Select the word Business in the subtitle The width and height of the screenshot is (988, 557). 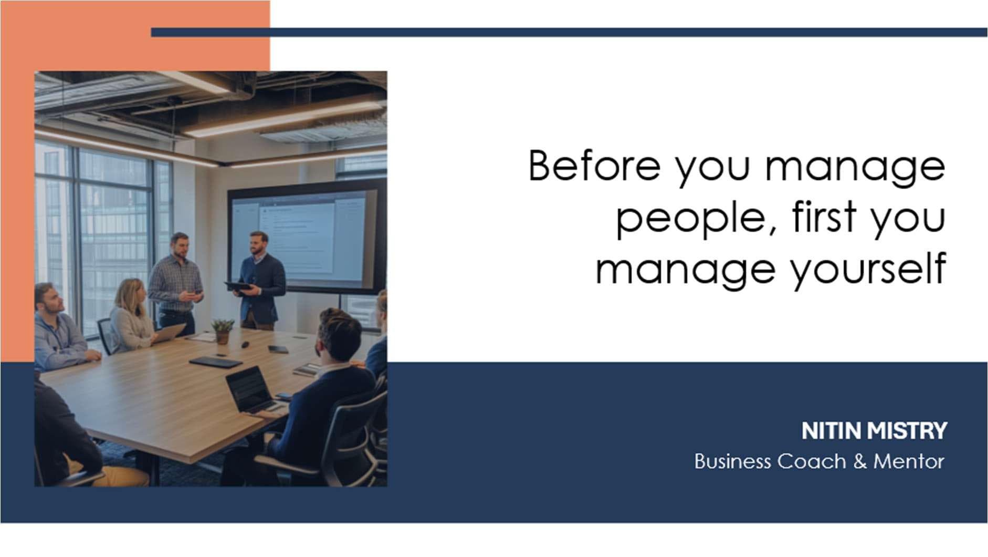[x=732, y=461]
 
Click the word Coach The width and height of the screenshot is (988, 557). [x=812, y=461]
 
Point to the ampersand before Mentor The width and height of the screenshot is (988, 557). [x=860, y=461]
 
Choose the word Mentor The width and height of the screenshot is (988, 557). [x=909, y=461]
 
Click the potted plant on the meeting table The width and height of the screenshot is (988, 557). [x=223, y=331]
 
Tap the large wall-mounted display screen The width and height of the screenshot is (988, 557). [x=307, y=236]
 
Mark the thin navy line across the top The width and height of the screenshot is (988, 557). [x=569, y=33]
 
